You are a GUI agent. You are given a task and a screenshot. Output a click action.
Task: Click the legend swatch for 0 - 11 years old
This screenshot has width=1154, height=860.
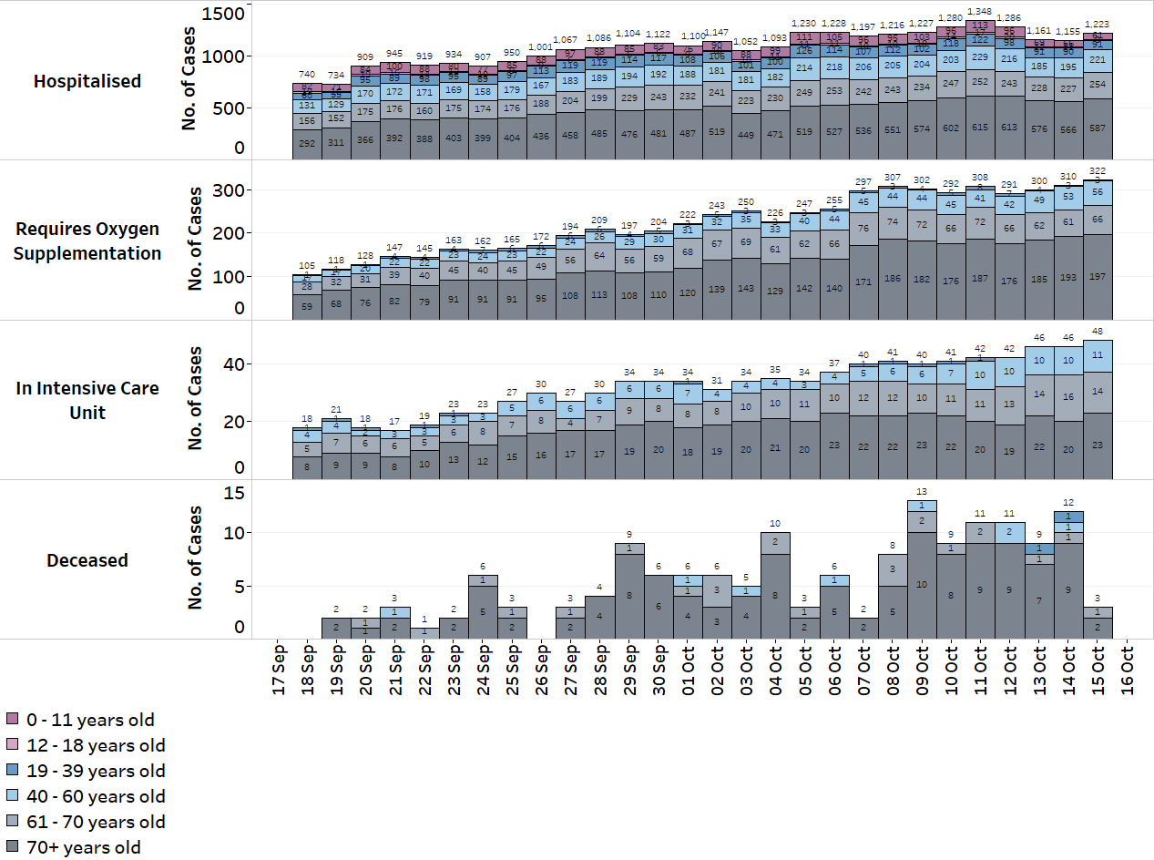[13, 721]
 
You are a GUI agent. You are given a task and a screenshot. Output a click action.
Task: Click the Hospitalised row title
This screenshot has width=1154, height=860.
[87, 81]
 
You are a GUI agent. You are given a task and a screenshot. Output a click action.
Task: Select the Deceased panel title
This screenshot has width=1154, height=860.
[87, 560]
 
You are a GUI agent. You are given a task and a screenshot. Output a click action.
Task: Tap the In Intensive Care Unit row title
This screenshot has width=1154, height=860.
[87, 400]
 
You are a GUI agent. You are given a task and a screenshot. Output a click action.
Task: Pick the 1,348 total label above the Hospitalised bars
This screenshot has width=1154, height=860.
[981, 12]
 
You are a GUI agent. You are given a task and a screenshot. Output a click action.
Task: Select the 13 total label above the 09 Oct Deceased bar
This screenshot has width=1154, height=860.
[922, 492]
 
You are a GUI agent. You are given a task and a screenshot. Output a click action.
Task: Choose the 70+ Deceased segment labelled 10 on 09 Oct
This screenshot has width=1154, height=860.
[922, 584]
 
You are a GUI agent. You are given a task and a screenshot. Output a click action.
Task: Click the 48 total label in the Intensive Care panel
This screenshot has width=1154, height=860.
[1098, 332]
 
